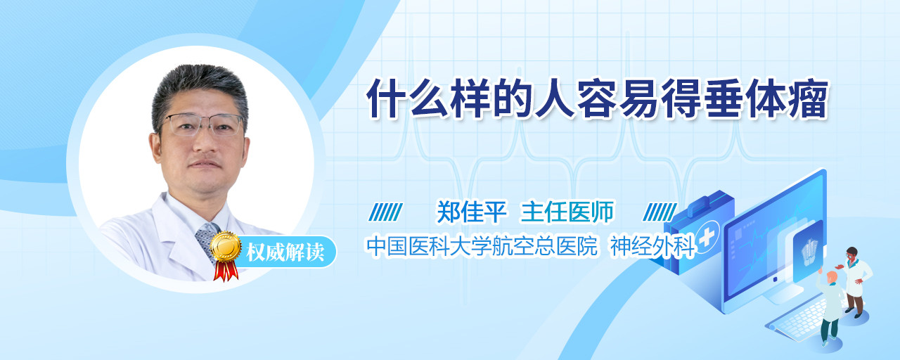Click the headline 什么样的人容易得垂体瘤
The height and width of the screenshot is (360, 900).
[598, 99]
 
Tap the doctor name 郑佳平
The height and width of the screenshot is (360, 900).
[472, 212]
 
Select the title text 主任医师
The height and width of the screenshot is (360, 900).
[567, 212]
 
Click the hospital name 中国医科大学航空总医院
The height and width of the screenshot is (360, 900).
[482, 246]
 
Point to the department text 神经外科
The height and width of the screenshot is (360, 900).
[653, 246]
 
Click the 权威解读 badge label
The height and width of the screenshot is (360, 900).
[285, 252]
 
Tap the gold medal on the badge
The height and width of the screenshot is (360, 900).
[226, 246]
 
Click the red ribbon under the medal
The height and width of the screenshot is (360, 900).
[226, 271]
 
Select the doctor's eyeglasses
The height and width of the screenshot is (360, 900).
[203, 125]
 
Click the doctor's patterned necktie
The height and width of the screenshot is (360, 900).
[207, 241]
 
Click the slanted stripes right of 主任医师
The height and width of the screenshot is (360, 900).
[660, 212]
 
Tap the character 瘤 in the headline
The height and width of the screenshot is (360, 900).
[808, 99]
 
